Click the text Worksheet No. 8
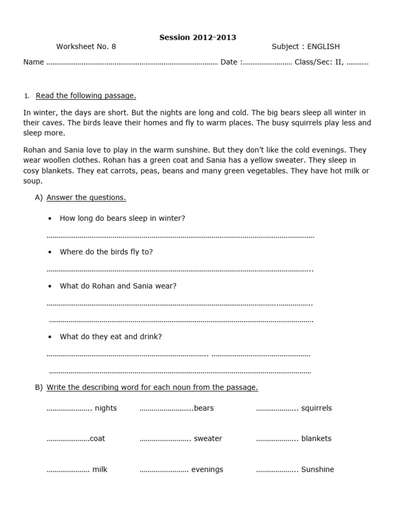86,46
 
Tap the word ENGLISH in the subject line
323,46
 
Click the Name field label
34,62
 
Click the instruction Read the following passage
86,95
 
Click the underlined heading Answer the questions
86,197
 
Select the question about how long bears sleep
122,218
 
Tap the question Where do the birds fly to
106,252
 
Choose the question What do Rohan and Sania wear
118,286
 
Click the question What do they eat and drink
111,337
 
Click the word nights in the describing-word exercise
106,408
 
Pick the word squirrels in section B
317,408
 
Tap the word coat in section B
97,438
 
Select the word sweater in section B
208,438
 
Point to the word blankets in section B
316,438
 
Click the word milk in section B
100,469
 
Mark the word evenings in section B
207,469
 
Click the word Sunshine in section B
318,469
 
